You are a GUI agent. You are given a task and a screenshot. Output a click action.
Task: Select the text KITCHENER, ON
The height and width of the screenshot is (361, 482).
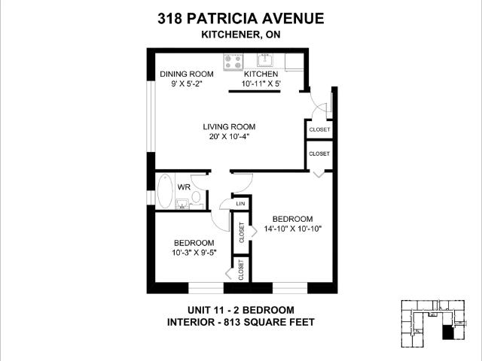(x=240, y=35)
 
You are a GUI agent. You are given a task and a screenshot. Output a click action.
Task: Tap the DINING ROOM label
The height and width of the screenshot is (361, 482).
(x=186, y=74)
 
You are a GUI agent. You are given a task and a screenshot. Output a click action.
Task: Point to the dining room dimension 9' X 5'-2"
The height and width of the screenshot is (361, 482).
(x=186, y=84)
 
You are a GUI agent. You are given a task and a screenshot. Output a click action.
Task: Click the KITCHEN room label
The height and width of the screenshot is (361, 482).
(x=261, y=74)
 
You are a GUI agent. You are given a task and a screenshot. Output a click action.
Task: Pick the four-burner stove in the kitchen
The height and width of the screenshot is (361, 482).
(x=232, y=60)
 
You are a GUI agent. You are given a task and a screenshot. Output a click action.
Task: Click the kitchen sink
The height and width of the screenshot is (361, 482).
(x=264, y=60)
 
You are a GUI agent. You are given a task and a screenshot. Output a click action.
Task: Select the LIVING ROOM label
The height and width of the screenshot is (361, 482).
(x=228, y=126)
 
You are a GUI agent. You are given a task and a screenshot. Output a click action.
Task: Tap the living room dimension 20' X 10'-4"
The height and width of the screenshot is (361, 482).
(x=228, y=137)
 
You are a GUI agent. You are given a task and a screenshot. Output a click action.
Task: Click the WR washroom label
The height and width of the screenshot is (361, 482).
(x=183, y=187)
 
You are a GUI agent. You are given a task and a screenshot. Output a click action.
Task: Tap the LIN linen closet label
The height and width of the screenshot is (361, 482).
(x=240, y=204)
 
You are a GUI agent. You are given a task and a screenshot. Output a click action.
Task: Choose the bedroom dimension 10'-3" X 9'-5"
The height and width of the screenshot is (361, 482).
(x=194, y=253)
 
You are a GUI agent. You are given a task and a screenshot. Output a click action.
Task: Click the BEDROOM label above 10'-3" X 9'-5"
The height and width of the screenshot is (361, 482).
(x=194, y=242)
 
